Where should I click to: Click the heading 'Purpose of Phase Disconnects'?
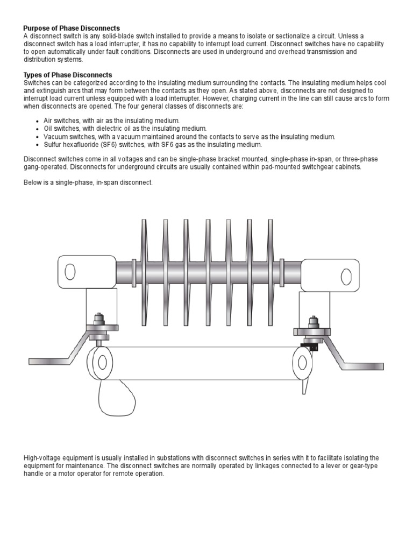72,27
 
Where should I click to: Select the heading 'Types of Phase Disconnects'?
68,74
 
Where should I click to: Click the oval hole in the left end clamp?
70,272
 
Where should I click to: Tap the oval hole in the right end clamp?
346,277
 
